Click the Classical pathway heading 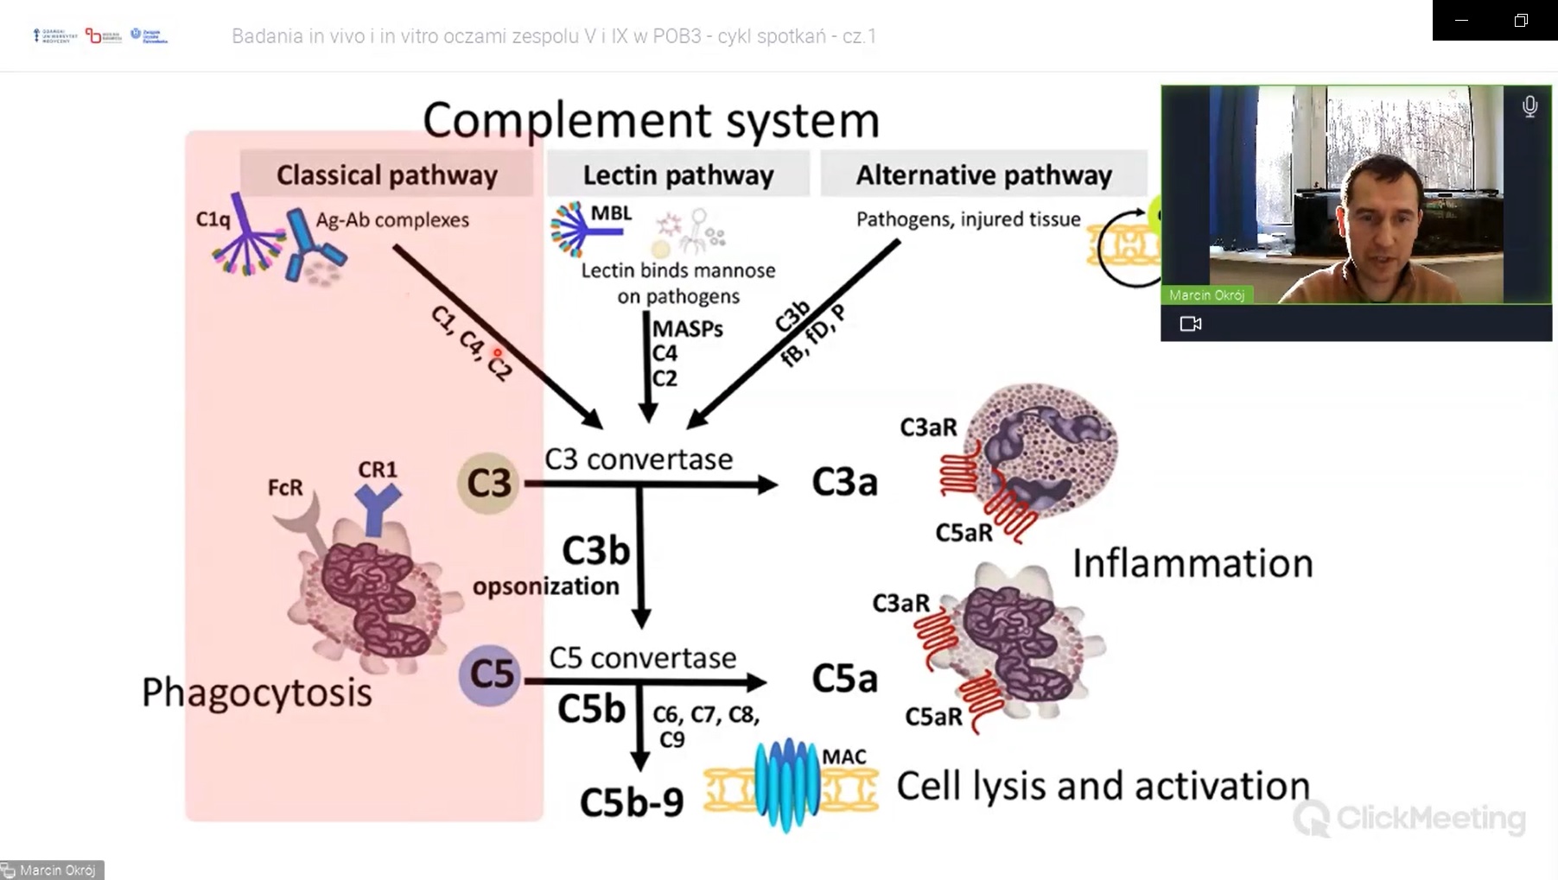pos(386,175)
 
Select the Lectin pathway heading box pos(678,175)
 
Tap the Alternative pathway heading pos(983,175)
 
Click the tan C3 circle pos(489,483)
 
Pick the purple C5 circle pos(490,674)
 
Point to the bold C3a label pos(844,483)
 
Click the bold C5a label pos(844,679)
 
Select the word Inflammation pos(1192,564)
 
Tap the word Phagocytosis pos(257,693)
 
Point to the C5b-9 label pos(632,802)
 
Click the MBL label pos(611,213)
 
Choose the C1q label pos(213,219)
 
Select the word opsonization pos(546,586)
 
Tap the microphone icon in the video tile pos(1529,106)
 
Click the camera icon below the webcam pos(1191,324)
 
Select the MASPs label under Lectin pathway pos(688,329)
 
